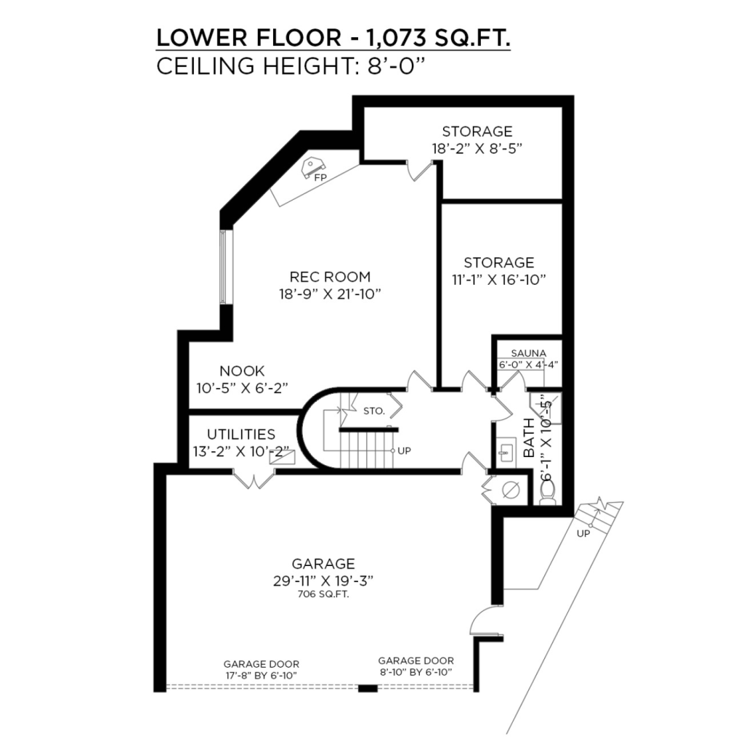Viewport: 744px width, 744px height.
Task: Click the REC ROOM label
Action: tap(331, 277)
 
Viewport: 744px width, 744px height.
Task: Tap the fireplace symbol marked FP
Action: tap(312, 167)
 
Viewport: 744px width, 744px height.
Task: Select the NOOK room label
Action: tap(242, 371)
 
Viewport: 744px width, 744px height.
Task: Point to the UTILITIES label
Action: tap(241, 434)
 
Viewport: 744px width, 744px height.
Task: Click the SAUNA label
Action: tap(529, 354)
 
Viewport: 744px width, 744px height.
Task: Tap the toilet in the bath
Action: tap(548, 494)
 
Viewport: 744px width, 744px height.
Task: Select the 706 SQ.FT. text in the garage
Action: tap(323, 594)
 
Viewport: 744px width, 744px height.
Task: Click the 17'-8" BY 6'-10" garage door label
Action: tap(262, 676)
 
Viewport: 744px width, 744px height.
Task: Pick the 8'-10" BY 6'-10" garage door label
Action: tap(416, 672)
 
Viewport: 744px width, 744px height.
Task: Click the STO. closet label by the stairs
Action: tap(374, 411)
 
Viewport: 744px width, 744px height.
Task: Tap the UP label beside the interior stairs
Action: tap(404, 450)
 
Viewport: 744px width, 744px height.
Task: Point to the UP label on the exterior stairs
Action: tap(583, 534)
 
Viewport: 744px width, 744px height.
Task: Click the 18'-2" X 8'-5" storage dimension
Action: tap(477, 148)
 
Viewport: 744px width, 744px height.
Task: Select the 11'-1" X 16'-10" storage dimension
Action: tap(498, 280)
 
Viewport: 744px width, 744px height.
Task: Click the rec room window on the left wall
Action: tap(224, 266)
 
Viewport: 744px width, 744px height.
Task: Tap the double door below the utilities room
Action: tap(254, 478)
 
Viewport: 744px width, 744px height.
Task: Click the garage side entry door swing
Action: tap(484, 620)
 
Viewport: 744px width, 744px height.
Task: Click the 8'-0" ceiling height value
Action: tap(395, 65)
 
